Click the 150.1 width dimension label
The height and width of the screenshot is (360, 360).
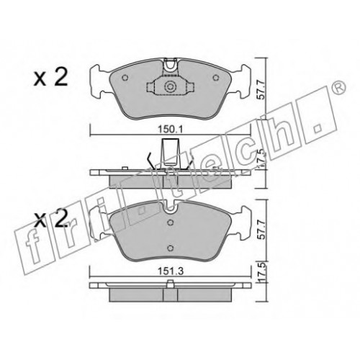point(170,130)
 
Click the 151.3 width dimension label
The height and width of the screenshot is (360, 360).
point(170,271)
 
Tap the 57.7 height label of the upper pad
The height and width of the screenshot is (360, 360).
point(261,90)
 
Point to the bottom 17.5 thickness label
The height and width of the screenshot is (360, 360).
point(263,274)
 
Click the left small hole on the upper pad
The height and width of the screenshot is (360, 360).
point(125,78)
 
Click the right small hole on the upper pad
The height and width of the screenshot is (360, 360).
point(216,78)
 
